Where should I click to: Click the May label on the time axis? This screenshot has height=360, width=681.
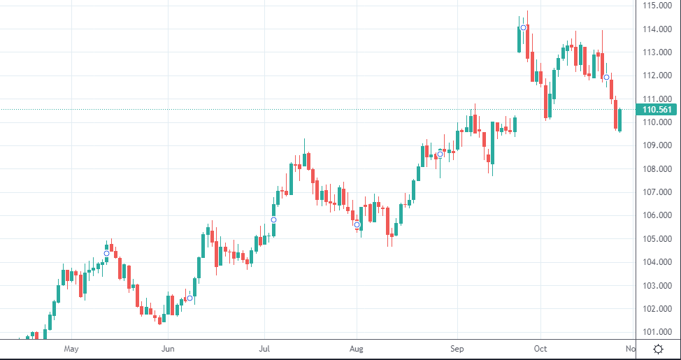pyautogui.click(x=71, y=349)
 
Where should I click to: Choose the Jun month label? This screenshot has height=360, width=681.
pyautogui.click(x=168, y=349)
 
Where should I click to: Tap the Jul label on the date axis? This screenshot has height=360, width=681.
pyautogui.click(x=264, y=349)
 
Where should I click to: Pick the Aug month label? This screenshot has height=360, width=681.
pyautogui.click(x=357, y=349)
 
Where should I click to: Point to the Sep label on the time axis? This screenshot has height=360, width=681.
pyautogui.click(x=457, y=349)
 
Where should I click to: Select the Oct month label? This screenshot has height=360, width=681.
pyautogui.click(x=540, y=349)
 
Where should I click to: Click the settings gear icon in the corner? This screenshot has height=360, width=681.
pyautogui.click(x=658, y=349)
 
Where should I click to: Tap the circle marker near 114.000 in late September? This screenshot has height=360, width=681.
pyautogui.click(x=524, y=28)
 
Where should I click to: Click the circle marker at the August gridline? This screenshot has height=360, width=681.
pyautogui.click(x=357, y=224)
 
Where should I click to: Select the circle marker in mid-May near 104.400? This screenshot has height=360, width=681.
pyautogui.click(x=106, y=253)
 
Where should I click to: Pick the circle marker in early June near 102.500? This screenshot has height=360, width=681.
pyautogui.click(x=189, y=298)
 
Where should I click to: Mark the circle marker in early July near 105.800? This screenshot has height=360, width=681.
pyautogui.click(x=273, y=219)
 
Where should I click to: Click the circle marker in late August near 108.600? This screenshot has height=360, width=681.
pyautogui.click(x=440, y=154)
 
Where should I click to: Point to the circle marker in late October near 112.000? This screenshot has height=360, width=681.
pyautogui.click(x=607, y=78)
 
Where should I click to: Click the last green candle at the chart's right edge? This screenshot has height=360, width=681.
pyautogui.click(x=619, y=120)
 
